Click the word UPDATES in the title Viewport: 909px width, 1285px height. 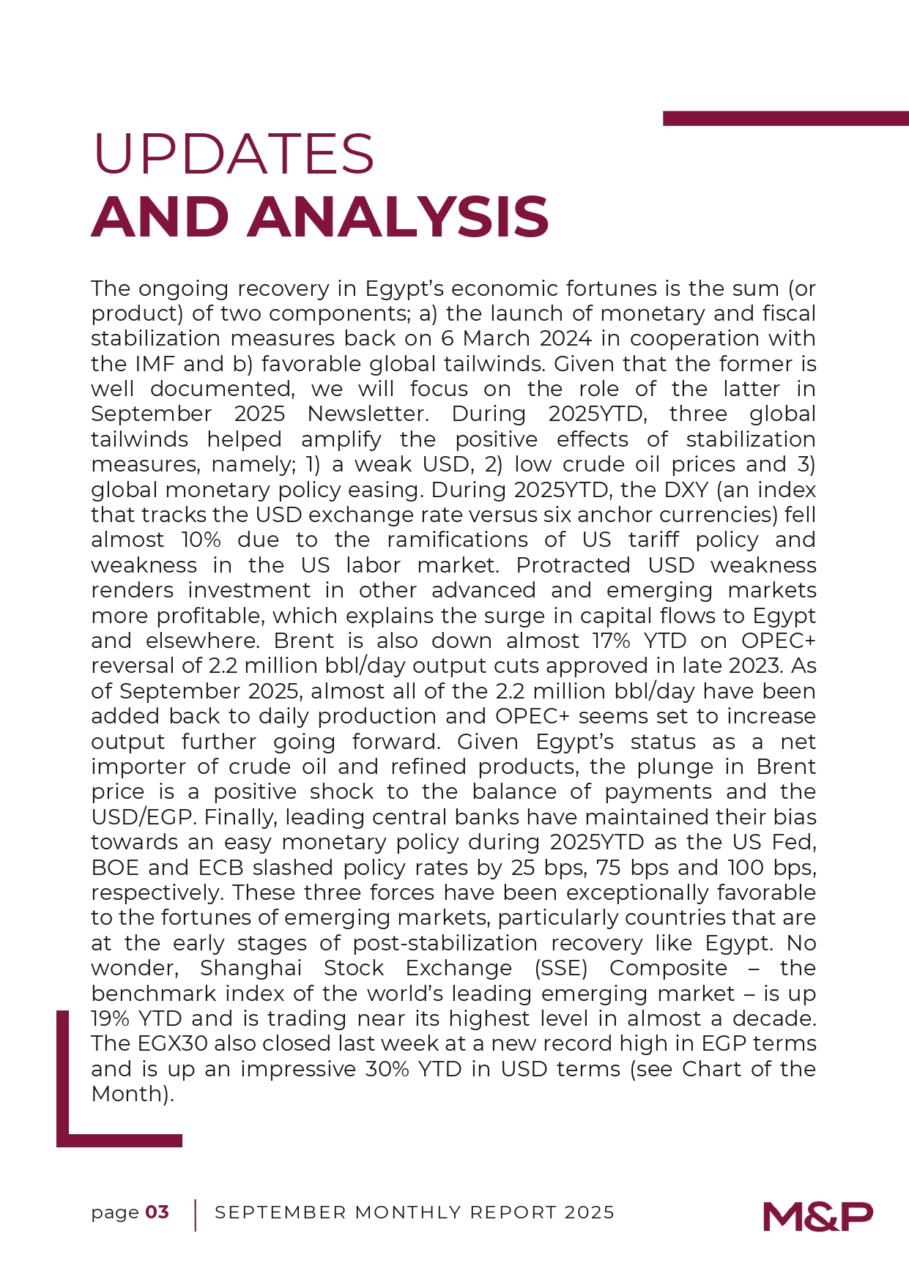coord(233,154)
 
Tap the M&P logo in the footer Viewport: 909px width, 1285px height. coord(817,1216)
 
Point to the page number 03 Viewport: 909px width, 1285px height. coord(157,1213)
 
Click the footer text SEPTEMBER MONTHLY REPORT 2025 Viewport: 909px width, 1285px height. coord(415,1213)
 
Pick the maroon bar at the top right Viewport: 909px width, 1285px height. coord(785,118)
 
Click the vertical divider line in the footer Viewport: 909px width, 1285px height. coord(196,1215)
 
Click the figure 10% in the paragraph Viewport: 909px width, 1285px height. coord(201,540)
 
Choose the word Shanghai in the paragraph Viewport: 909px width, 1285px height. coord(251,968)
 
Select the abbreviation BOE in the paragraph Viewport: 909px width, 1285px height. coord(115,868)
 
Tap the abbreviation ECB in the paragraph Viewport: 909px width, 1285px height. coord(221,868)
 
